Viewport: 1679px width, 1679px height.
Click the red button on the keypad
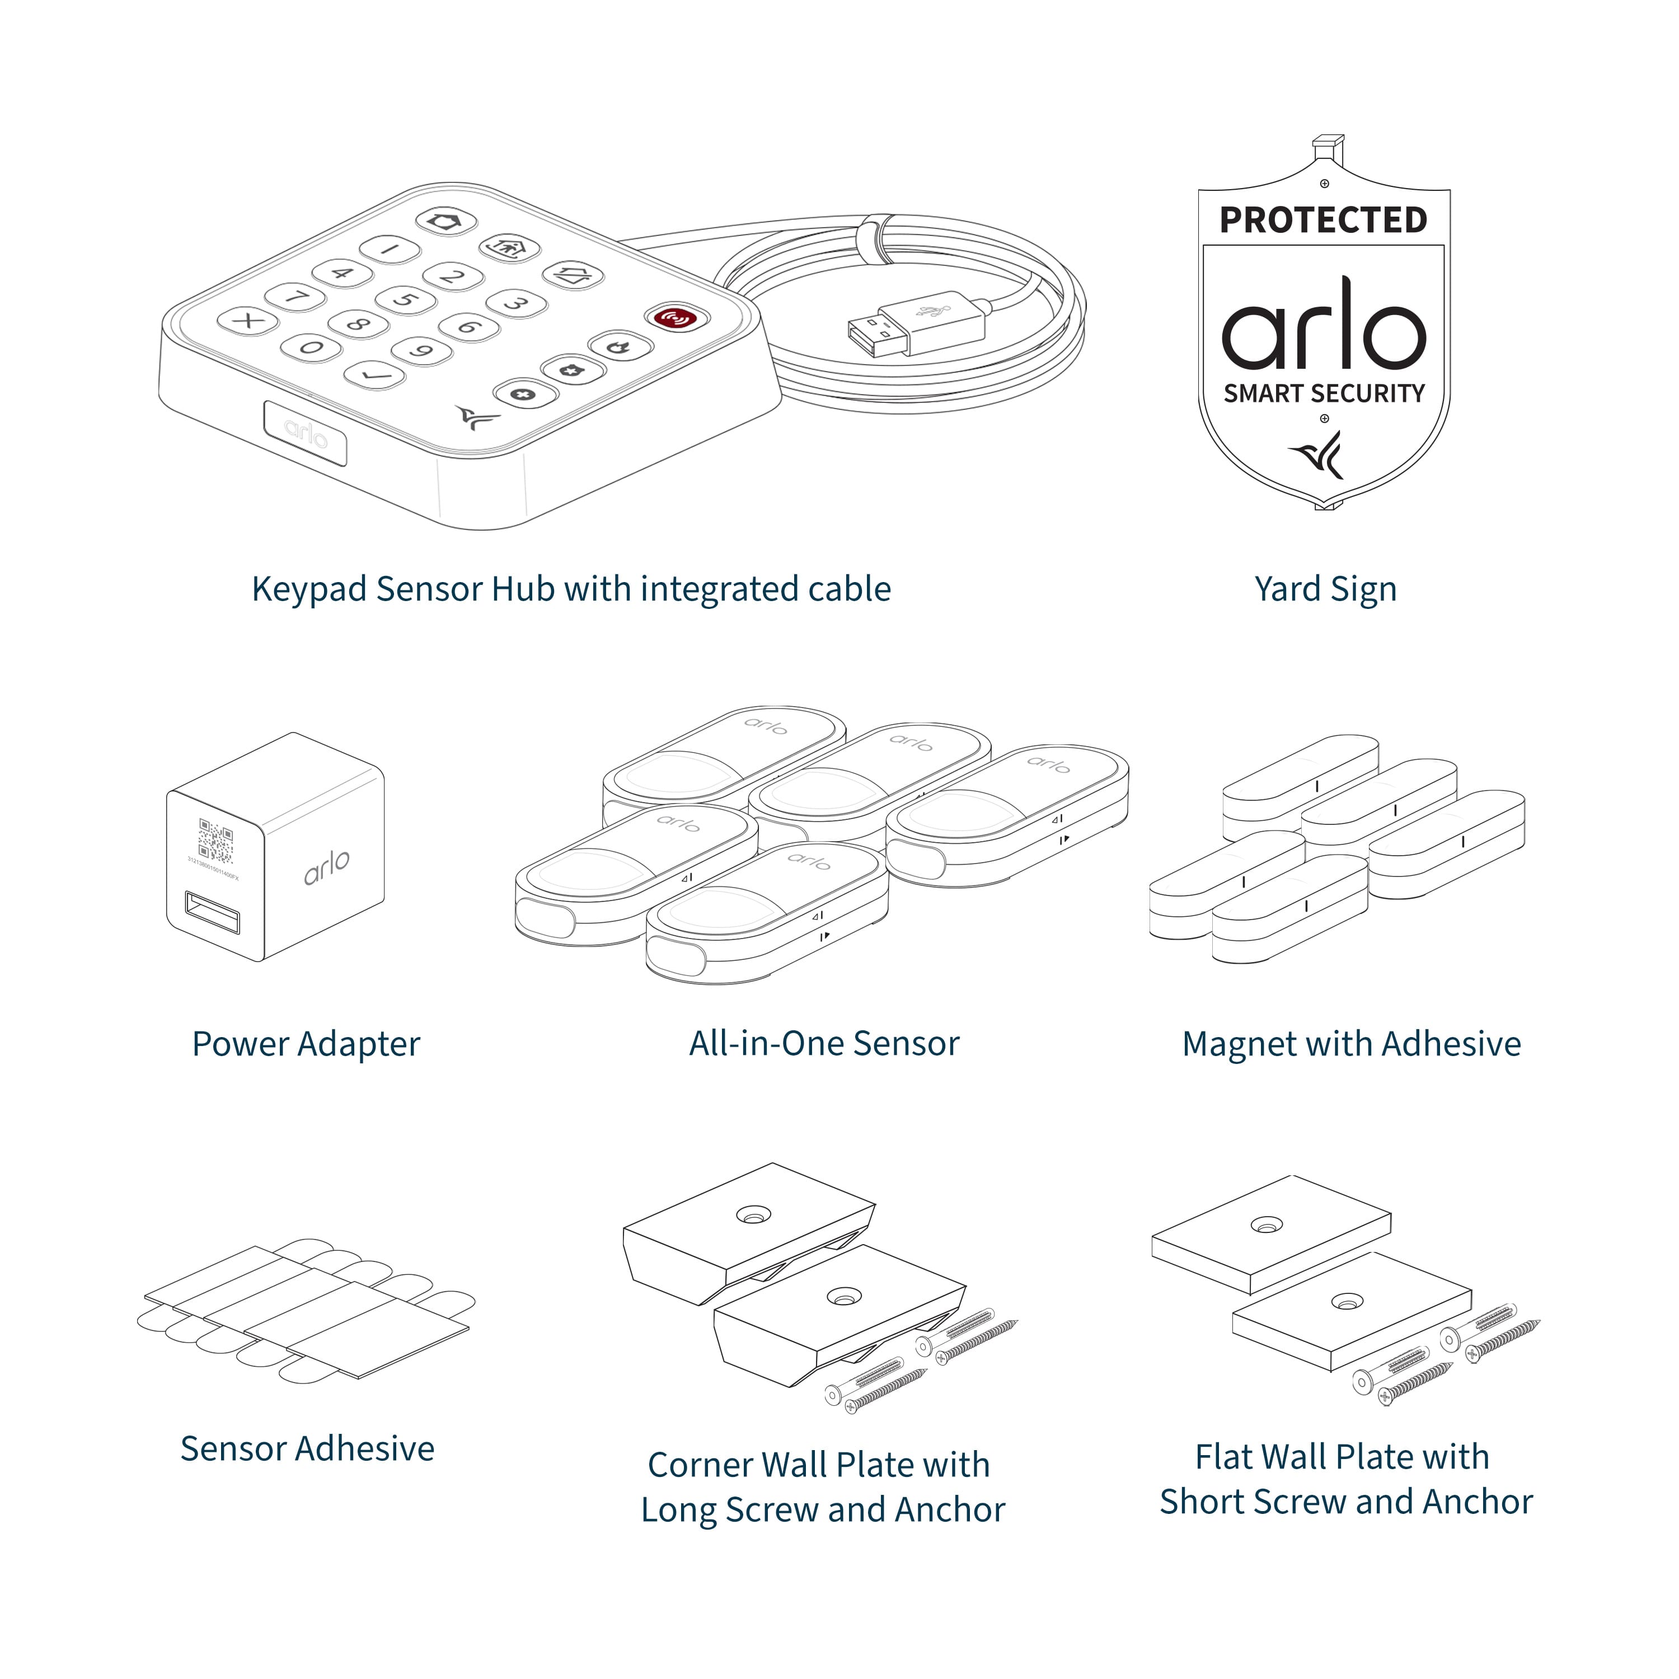coord(676,318)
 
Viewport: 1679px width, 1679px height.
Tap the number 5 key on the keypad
coord(405,301)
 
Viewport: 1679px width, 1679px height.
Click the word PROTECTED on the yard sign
coord(1324,221)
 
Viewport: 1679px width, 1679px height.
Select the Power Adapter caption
coord(306,1044)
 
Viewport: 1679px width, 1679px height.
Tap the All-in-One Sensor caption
coord(824,1044)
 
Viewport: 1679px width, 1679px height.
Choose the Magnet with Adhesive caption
coord(1352,1044)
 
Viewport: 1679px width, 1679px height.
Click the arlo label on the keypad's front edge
coord(306,433)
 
